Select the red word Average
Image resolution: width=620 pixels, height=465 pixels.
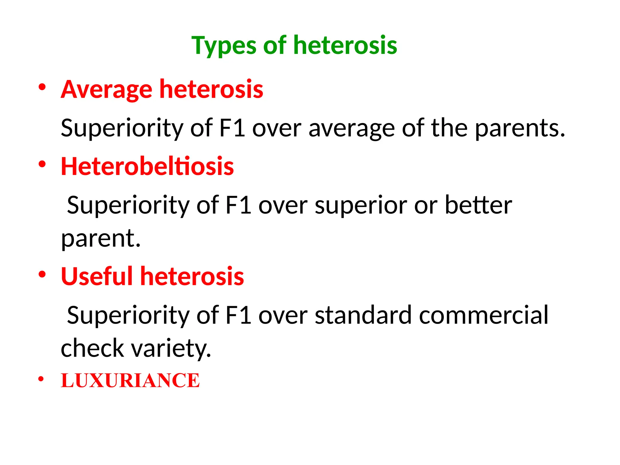pyautogui.click(x=106, y=89)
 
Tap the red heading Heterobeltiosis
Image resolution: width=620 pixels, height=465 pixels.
pyautogui.click(x=147, y=166)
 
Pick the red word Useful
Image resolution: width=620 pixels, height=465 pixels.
pyautogui.click(x=97, y=276)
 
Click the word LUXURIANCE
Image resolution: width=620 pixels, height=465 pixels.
pyautogui.click(x=130, y=381)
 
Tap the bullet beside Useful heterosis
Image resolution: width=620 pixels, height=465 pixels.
pyautogui.click(x=42, y=274)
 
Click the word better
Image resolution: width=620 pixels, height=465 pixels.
pyautogui.click(x=478, y=205)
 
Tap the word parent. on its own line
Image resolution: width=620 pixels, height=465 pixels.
pyautogui.click(x=101, y=239)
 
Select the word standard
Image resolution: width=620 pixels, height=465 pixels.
pyautogui.click(x=363, y=315)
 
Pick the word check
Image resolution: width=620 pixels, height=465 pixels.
pyautogui.click(x=92, y=348)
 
